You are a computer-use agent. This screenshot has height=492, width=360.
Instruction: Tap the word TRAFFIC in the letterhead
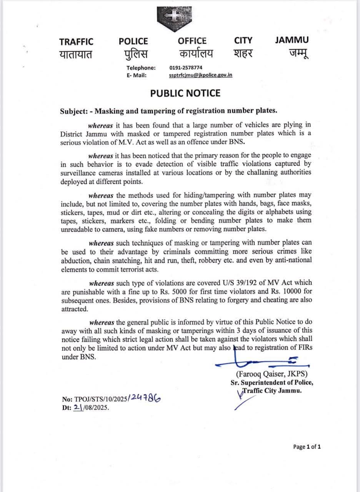click(76, 41)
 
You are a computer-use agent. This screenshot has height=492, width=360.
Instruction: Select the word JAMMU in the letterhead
click(292, 40)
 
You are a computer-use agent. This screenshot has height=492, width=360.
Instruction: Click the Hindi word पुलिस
click(133, 53)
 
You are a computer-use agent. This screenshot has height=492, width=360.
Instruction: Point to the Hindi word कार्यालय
click(195, 53)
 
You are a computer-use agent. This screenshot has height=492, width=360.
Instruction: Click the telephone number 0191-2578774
click(186, 68)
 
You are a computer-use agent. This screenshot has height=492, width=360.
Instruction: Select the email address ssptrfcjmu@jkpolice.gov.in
click(200, 75)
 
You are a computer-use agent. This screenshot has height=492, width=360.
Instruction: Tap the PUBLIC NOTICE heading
click(185, 93)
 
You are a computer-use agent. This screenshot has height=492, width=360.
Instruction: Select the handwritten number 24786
click(145, 398)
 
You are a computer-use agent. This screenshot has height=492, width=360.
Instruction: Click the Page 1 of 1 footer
click(307, 447)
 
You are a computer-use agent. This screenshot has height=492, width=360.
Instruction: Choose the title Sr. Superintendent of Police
click(272, 382)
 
